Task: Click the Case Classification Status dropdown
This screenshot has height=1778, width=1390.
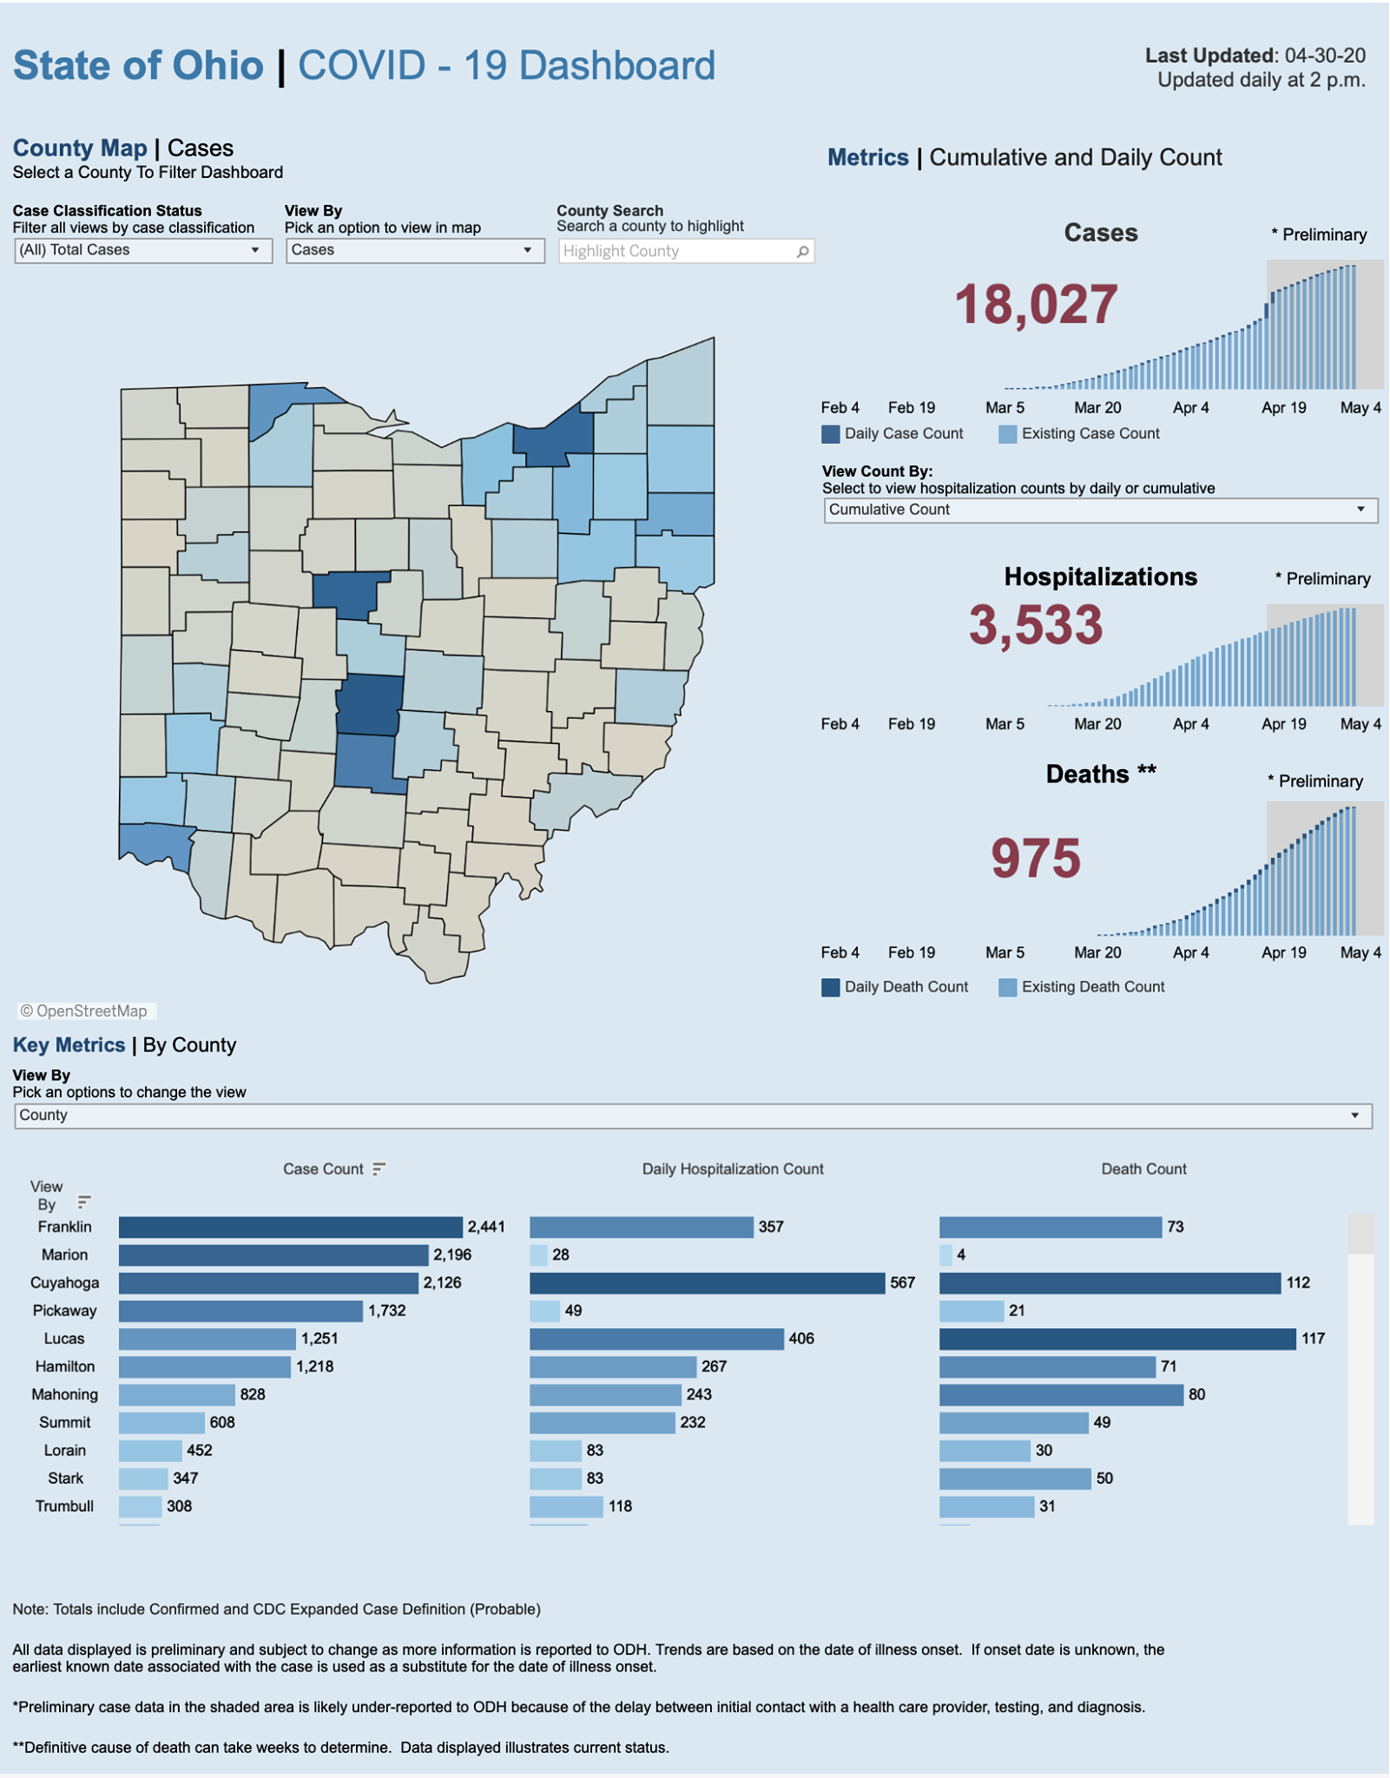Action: click(x=143, y=251)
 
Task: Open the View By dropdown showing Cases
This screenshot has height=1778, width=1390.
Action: click(x=415, y=251)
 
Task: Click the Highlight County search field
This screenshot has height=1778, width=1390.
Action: click(x=686, y=251)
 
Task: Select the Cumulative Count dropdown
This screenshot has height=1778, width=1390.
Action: click(x=1100, y=510)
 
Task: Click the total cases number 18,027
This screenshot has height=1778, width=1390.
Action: click(x=1036, y=306)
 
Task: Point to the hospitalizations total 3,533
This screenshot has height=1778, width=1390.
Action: click(x=1036, y=625)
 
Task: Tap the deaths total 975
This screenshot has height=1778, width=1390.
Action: click(x=1036, y=859)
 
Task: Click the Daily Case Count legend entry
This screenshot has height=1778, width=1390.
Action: click(x=893, y=434)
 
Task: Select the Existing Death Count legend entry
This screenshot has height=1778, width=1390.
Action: click(x=1082, y=987)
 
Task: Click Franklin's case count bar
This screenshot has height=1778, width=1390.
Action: click(x=291, y=1227)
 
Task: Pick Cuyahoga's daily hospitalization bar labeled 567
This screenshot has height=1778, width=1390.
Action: click(x=708, y=1283)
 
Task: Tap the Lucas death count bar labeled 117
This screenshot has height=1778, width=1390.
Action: click(x=1117, y=1339)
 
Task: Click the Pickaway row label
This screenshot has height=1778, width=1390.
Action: click(x=64, y=1311)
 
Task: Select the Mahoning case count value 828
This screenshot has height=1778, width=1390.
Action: click(x=253, y=1394)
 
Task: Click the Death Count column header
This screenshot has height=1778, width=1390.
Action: click(x=1143, y=1169)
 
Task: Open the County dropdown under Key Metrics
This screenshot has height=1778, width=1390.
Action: click(x=694, y=1116)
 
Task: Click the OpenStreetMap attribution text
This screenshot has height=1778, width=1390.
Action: click(x=84, y=1011)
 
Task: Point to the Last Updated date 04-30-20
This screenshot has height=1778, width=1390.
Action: click(x=1325, y=56)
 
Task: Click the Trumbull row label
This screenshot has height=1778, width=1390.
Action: click(x=64, y=1506)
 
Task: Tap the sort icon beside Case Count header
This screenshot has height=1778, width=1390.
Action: click(x=379, y=1169)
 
